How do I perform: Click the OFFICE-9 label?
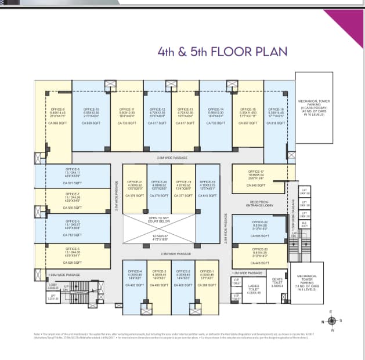(57, 109)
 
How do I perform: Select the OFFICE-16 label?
(276, 109)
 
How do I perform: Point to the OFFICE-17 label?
(255, 172)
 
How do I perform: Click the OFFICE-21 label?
(135, 181)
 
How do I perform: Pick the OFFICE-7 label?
(73, 194)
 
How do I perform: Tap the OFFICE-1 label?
(207, 271)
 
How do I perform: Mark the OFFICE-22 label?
(260, 222)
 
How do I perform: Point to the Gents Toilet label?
(277, 281)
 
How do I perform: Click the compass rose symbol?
(331, 321)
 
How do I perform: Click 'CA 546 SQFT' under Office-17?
(255, 185)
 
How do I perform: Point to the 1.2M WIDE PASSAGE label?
(247, 272)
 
